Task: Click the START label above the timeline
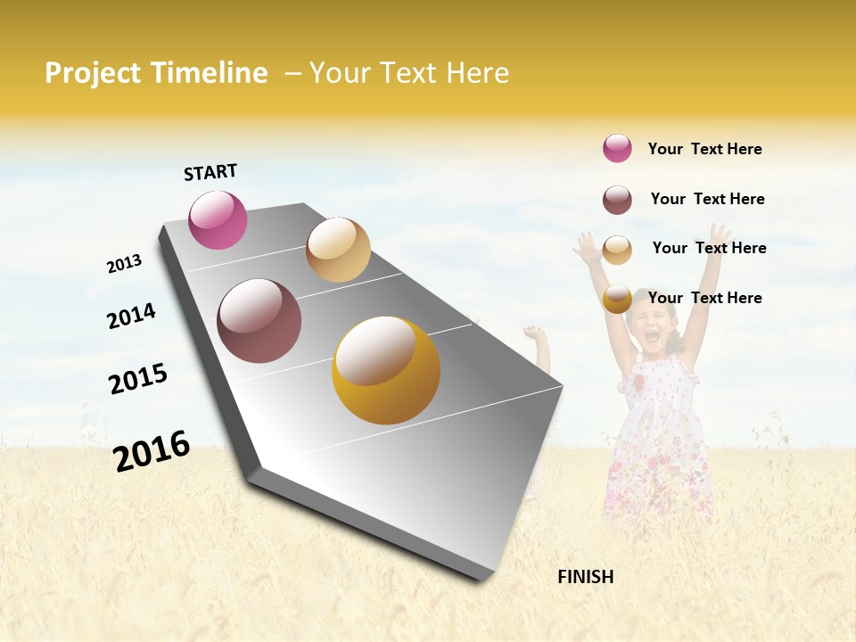(210, 172)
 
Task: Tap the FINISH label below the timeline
(585, 577)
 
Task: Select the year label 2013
(124, 263)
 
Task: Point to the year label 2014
(131, 316)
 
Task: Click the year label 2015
(138, 379)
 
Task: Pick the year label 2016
(152, 450)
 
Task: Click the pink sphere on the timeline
(218, 219)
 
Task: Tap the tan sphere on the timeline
(338, 250)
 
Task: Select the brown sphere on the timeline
(259, 321)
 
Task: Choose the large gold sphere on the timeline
(386, 370)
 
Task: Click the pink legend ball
(617, 148)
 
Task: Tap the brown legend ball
(617, 200)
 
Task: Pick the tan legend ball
(617, 250)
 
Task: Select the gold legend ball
(617, 300)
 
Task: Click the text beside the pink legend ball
(704, 149)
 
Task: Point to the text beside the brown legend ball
(707, 199)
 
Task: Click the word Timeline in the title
(208, 73)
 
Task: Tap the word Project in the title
(93, 73)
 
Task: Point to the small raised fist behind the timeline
(534, 334)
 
